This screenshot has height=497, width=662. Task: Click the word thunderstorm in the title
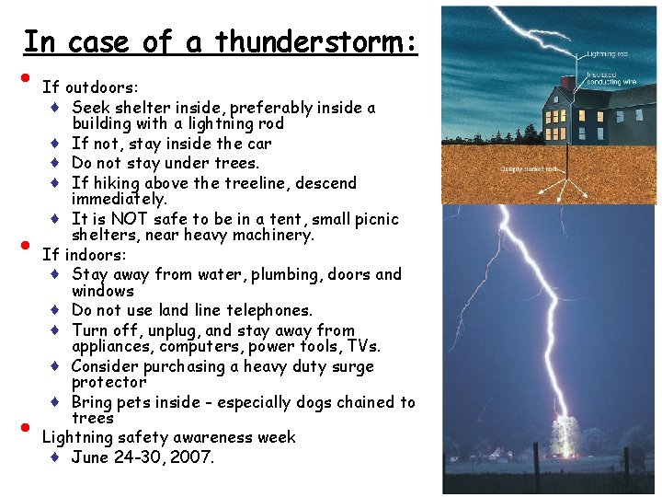(x=316, y=41)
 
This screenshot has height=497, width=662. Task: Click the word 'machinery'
(x=275, y=236)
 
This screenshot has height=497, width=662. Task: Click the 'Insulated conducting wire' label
(x=611, y=79)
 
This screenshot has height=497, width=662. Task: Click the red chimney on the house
(x=567, y=83)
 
